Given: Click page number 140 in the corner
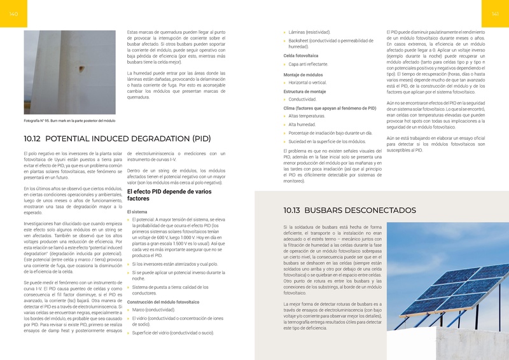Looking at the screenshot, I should pyautogui.click(x=14, y=14).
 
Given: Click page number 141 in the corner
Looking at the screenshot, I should pyautogui.click(x=494, y=14).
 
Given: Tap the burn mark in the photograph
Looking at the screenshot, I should pyautogui.click(x=81, y=67).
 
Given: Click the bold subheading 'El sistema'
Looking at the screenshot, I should pyautogui.click(x=139, y=211).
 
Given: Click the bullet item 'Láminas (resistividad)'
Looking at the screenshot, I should pyautogui.click(x=310, y=31).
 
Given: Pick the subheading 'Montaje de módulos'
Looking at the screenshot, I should pyautogui.click(x=303, y=75).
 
